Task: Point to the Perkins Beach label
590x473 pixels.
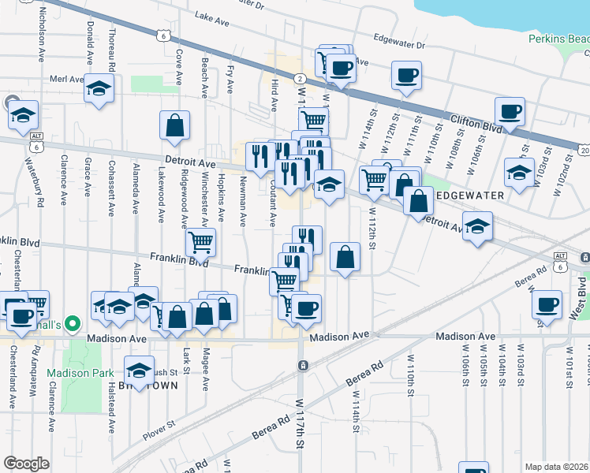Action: click(558, 39)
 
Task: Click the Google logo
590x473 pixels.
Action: click(26, 464)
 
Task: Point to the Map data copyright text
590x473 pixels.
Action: click(557, 467)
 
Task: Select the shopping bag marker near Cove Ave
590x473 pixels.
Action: click(174, 125)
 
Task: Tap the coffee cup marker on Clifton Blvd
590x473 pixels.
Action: click(509, 111)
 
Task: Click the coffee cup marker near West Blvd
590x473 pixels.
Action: click(547, 304)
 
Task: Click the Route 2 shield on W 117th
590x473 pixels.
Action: click(301, 78)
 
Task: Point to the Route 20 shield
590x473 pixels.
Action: click(583, 150)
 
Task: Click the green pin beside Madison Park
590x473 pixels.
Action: click(73, 323)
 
